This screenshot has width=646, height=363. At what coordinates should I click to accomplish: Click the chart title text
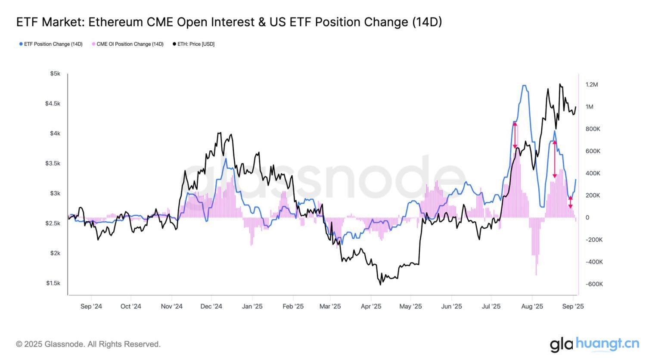[x=229, y=22]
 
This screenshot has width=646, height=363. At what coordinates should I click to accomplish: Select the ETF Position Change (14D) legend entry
[x=51, y=44]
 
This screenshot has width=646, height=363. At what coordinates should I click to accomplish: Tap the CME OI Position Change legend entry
[x=127, y=44]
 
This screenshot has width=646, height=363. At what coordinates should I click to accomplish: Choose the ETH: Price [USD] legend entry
[x=193, y=44]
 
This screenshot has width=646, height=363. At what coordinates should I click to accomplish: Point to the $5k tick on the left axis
[x=55, y=74]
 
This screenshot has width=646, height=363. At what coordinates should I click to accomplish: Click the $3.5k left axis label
[x=53, y=163]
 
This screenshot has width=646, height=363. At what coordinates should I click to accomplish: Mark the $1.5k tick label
[x=53, y=283]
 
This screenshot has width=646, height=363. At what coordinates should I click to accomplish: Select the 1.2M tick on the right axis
[x=591, y=85]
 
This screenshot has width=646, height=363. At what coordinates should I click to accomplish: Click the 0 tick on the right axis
[x=587, y=217]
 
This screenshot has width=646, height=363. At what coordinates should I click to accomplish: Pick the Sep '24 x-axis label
[x=91, y=306]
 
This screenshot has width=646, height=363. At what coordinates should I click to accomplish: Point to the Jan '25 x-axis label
[x=252, y=306]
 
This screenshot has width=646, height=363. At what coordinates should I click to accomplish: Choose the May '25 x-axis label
[x=410, y=306]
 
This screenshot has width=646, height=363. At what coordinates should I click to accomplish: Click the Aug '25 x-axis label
[x=532, y=306]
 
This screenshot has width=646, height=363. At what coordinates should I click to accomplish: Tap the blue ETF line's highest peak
[x=524, y=86]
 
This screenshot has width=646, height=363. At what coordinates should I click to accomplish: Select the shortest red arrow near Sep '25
[x=570, y=202]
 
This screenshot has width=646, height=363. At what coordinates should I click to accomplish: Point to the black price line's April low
[x=380, y=284]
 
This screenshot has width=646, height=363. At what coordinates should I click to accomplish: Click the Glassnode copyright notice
[x=88, y=344]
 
